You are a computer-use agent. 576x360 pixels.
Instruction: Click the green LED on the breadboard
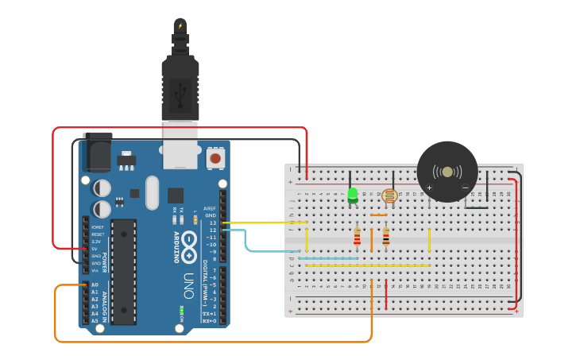(352, 194)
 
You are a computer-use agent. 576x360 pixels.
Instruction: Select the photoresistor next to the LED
(389, 195)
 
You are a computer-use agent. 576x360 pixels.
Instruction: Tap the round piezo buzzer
(447, 172)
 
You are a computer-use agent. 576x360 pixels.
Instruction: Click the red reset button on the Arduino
(215, 158)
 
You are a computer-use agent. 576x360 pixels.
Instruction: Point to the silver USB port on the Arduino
(180, 151)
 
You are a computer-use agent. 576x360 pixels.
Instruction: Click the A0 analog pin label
(95, 285)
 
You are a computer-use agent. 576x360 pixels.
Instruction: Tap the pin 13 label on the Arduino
(213, 223)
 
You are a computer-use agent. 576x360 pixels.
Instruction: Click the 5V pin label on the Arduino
(95, 249)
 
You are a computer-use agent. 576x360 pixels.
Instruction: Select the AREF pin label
(211, 208)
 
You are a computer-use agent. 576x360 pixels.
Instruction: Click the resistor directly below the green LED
(357, 237)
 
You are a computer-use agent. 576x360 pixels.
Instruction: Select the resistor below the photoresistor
(386, 237)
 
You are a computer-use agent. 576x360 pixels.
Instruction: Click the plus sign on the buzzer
(429, 188)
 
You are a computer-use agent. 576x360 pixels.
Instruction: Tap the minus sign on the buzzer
(466, 188)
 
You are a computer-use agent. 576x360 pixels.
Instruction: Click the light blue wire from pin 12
(246, 240)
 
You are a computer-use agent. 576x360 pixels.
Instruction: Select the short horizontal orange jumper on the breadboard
(379, 215)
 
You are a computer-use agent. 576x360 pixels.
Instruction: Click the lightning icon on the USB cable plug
(180, 27)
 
